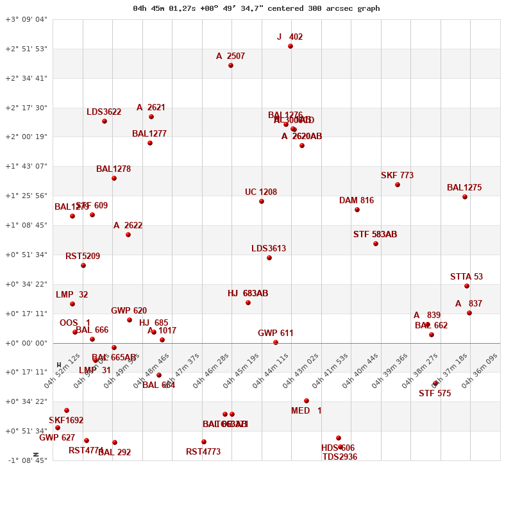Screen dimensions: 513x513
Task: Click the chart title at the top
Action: click(256, 8)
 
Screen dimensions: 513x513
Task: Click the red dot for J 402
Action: click(290, 46)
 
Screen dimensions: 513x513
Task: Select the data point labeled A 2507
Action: click(231, 65)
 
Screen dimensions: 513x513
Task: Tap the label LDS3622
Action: click(104, 112)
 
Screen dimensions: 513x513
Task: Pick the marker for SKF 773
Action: click(398, 185)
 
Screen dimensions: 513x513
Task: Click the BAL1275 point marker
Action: click(465, 197)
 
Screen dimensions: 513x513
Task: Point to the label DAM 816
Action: click(357, 201)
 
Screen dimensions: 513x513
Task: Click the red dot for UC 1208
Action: click(262, 201)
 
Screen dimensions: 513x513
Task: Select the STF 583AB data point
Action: click(376, 244)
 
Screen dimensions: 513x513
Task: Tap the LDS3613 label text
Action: click(269, 249)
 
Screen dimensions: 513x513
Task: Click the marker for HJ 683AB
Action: click(248, 303)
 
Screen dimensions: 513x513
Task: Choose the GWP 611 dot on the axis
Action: click(276, 342)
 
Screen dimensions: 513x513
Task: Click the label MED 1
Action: click(307, 411)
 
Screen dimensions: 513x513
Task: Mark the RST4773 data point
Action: click(204, 442)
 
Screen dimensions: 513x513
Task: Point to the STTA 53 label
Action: click(466, 277)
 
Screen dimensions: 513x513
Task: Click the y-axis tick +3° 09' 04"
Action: click(26, 19)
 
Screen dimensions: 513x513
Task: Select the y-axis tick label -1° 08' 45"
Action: click(26, 460)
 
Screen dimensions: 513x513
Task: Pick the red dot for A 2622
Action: click(128, 235)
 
